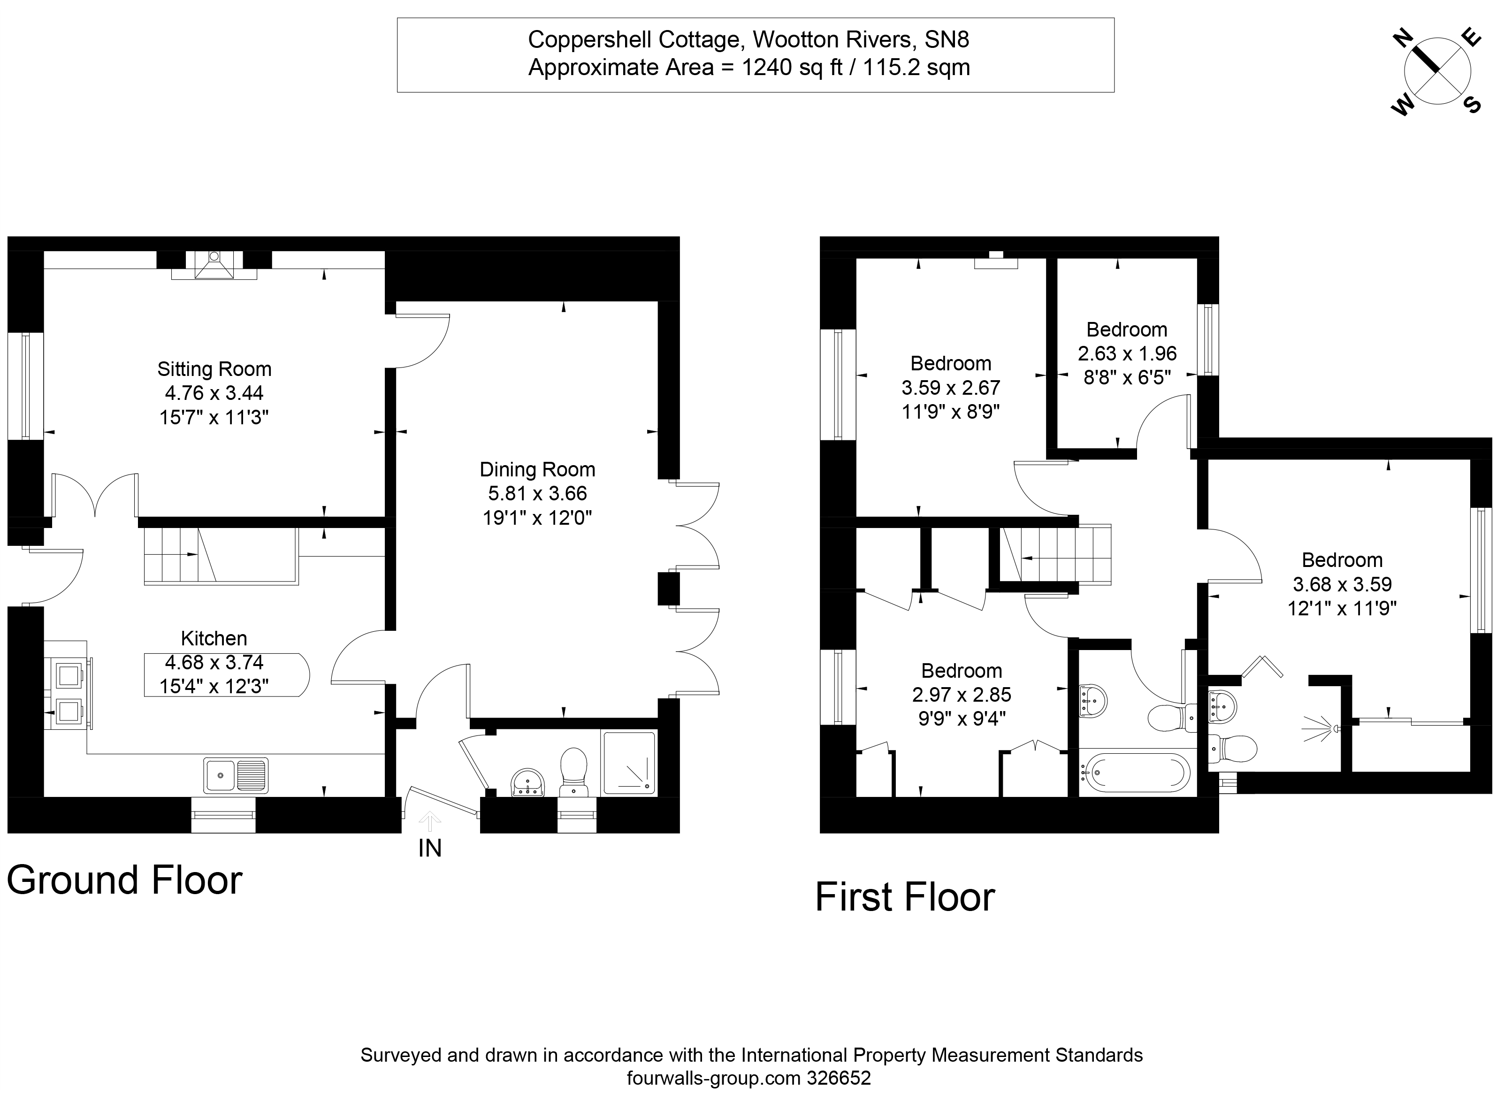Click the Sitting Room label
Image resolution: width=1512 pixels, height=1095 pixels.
[214, 369]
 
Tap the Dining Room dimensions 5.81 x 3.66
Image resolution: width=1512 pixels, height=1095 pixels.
[537, 493]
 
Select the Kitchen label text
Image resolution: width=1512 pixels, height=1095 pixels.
[214, 638]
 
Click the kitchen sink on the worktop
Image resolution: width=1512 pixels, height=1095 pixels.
[236, 775]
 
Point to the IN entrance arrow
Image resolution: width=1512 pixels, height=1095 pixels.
[430, 821]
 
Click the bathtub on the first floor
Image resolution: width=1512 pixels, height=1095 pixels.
[1135, 773]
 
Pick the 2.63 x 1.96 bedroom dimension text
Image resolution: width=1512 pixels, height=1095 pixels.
[1127, 353]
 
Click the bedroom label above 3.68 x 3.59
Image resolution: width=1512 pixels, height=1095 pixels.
[1342, 560]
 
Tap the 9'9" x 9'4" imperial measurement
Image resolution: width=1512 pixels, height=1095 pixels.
[962, 718]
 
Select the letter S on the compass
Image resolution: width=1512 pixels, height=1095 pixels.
[1472, 105]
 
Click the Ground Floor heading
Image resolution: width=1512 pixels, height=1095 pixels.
[125, 880]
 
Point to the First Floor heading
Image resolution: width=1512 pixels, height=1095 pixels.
[905, 897]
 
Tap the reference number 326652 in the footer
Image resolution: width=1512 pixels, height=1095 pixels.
[839, 1078]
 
